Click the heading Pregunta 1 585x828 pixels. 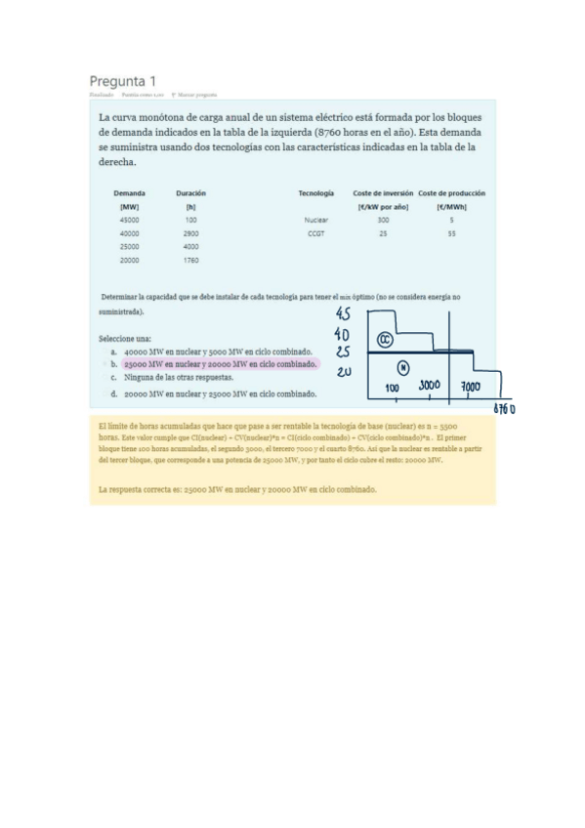122,80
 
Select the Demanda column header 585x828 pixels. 130,193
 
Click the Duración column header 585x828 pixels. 190,193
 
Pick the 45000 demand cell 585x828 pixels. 130,221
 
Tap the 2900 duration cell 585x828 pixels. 190,234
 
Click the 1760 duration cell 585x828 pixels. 190,261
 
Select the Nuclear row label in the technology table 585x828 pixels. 316,221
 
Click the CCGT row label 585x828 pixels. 316,234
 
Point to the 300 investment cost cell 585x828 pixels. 383,221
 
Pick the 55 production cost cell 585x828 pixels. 451,234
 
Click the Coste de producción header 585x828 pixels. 451,193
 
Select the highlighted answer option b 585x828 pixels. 221,363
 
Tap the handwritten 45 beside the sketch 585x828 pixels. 342,314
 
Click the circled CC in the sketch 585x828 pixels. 385,340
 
